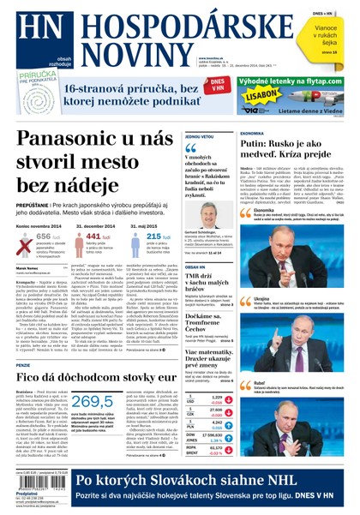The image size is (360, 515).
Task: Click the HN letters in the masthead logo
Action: (x=29, y=28)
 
